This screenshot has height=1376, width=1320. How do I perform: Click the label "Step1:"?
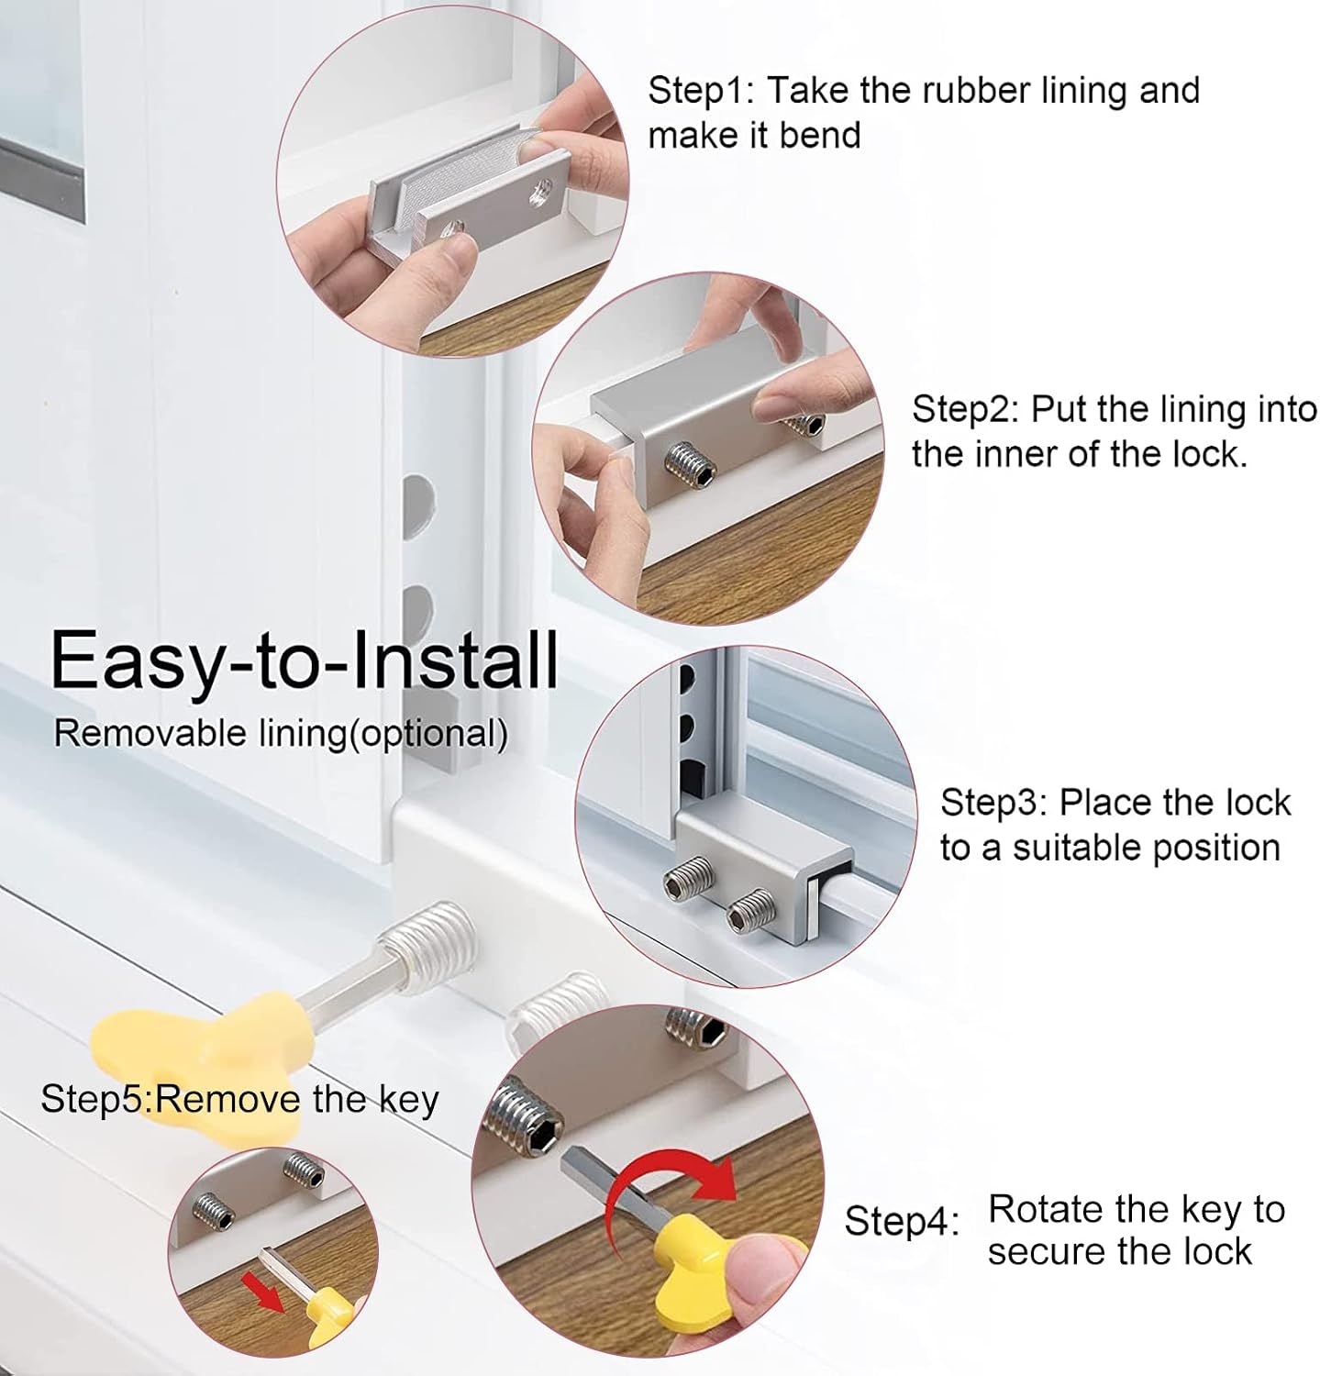click(x=701, y=91)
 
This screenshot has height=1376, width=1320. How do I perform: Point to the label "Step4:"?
click(x=902, y=1221)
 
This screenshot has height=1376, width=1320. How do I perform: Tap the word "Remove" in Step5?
click(x=228, y=1098)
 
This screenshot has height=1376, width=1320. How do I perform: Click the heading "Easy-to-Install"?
click(x=305, y=660)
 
